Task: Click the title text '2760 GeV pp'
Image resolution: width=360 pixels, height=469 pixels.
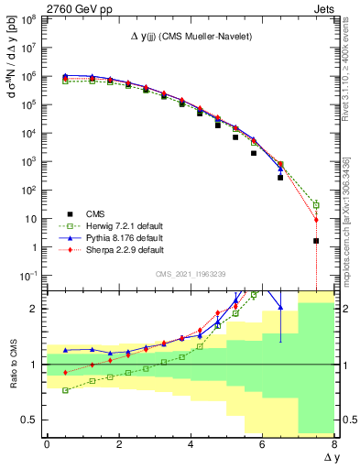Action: click(38, 7)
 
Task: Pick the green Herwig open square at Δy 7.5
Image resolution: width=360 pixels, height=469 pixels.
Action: click(316, 205)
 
